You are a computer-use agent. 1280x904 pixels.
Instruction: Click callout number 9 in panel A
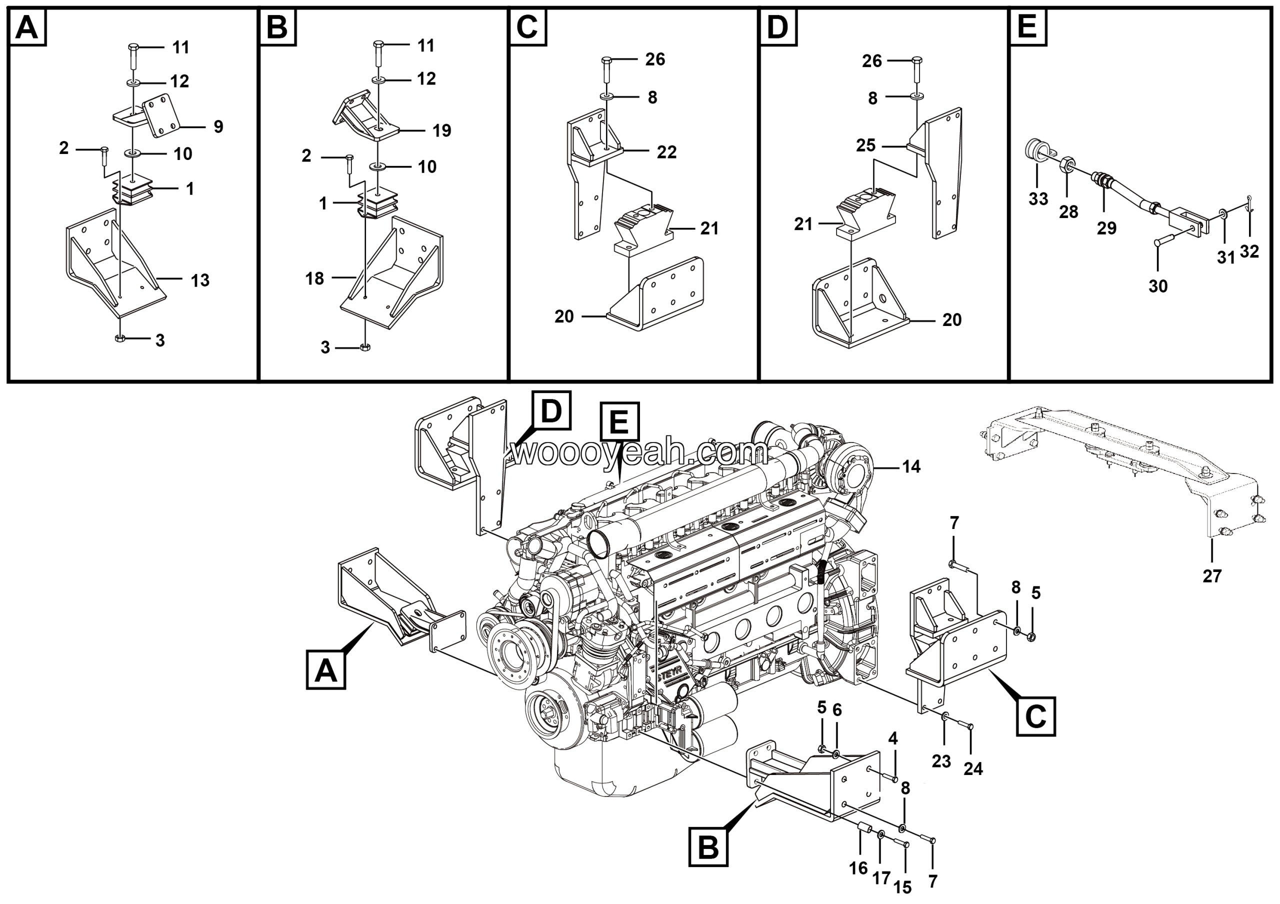pyautogui.click(x=218, y=126)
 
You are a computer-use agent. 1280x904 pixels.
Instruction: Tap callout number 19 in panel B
pyautogui.click(x=441, y=130)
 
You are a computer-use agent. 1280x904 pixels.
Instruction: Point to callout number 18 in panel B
pyautogui.click(x=314, y=278)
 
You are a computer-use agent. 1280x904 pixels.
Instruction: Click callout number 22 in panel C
pyautogui.click(x=666, y=151)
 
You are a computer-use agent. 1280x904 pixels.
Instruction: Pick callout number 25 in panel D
pyautogui.click(x=866, y=145)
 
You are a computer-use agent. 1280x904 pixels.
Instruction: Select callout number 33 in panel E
pyautogui.click(x=1038, y=198)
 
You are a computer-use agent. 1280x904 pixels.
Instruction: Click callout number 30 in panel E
pyautogui.click(x=1158, y=286)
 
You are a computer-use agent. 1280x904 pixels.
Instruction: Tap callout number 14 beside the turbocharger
pyautogui.click(x=911, y=466)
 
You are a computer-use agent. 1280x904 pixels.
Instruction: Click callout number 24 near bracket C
pyautogui.click(x=973, y=768)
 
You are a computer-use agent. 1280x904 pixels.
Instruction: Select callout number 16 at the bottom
pyautogui.click(x=858, y=868)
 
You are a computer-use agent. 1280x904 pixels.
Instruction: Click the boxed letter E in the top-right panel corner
pyautogui.click(x=1027, y=27)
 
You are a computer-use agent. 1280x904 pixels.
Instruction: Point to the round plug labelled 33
pyautogui.click(x=1034, y=150)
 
